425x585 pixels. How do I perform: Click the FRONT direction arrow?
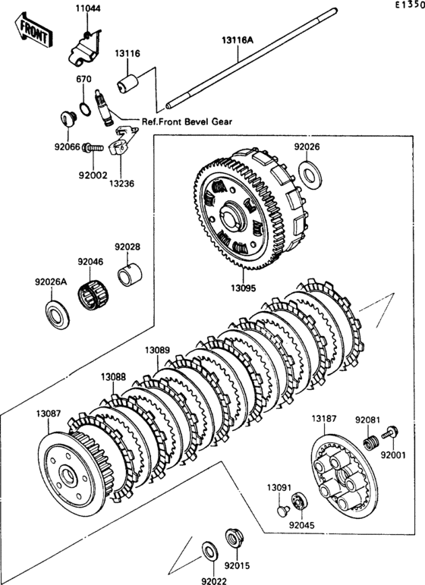[x=33, y=30]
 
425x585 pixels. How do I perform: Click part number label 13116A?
[x=238, y=40]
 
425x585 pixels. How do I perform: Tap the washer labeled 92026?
[x=310, y=175]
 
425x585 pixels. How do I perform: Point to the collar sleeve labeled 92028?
[x=130, y=275]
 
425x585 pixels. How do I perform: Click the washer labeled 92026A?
[x=58, y=315]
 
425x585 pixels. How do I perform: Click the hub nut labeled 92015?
[x=235, y=539]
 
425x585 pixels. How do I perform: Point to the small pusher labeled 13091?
[x=284, y=511]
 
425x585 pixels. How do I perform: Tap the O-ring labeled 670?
[x=85, y=109]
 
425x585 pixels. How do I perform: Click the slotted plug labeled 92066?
[x=68, y=118]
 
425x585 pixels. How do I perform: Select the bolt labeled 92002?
[x=93, y=148]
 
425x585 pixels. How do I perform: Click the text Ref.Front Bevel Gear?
[x=187, y=121]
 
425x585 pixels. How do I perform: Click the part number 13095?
[x=244, y=288]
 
